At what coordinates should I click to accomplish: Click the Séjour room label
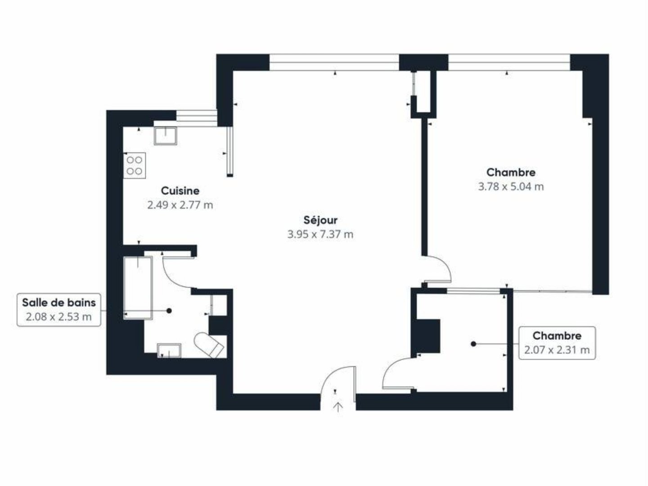(320, 220)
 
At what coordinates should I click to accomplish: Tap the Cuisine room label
(180, 191)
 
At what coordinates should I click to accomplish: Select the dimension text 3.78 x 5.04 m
(511, 186)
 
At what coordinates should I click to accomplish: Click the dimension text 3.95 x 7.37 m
(320, 234)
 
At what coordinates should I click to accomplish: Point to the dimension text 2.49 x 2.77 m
(180, 205)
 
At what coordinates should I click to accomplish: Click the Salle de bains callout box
(58, 310)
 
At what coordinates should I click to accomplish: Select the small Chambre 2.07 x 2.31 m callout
(557, 342)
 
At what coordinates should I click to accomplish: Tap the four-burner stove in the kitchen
(135, 166)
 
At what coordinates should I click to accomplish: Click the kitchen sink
(166, 135)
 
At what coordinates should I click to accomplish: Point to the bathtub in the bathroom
(138, 287)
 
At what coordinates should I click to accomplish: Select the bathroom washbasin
(169, 351)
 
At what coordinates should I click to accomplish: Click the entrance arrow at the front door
(338, 407)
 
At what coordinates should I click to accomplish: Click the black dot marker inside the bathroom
(169, 310)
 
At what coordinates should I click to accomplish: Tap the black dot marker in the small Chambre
(473, 344)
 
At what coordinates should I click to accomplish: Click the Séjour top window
(334, 62)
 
